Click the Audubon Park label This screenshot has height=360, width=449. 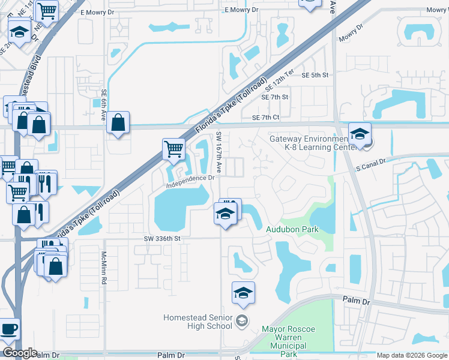pyautogui.click(x=292, y=229)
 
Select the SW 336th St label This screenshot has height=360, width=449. pyautogui.click(x=162, y=238)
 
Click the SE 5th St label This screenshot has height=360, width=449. pyautogui.click(x=316, y=75)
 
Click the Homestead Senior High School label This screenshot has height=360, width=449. pyautogui.click(x=198, y=322)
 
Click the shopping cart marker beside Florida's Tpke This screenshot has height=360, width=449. pyautogui.click(x=173, y=148)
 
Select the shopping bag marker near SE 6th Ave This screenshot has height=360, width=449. pyautogui.click(x=118, y=122)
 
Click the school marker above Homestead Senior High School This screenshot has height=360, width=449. pyautogui.click(x=243, y=293)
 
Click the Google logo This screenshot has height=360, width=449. pyautogui.click(x=19, y=353)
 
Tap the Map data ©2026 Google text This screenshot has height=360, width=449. pyautogui.click(x=412, y=355)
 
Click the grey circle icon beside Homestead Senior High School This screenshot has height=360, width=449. pyautogui.click(x=241, y=322)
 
